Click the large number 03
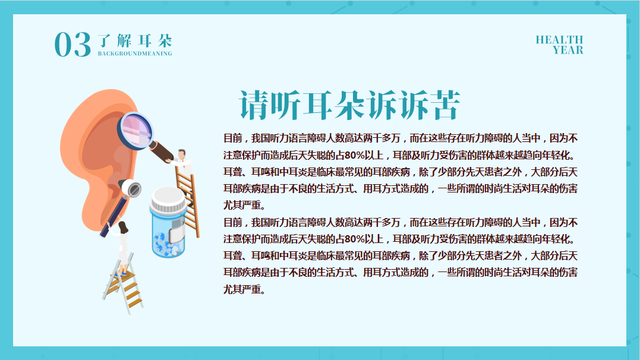72,45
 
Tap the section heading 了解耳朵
135,41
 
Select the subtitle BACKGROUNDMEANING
135,53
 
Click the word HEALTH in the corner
559,40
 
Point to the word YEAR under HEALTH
568,50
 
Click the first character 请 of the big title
254,105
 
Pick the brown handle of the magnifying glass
161,151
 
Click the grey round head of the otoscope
131,188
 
